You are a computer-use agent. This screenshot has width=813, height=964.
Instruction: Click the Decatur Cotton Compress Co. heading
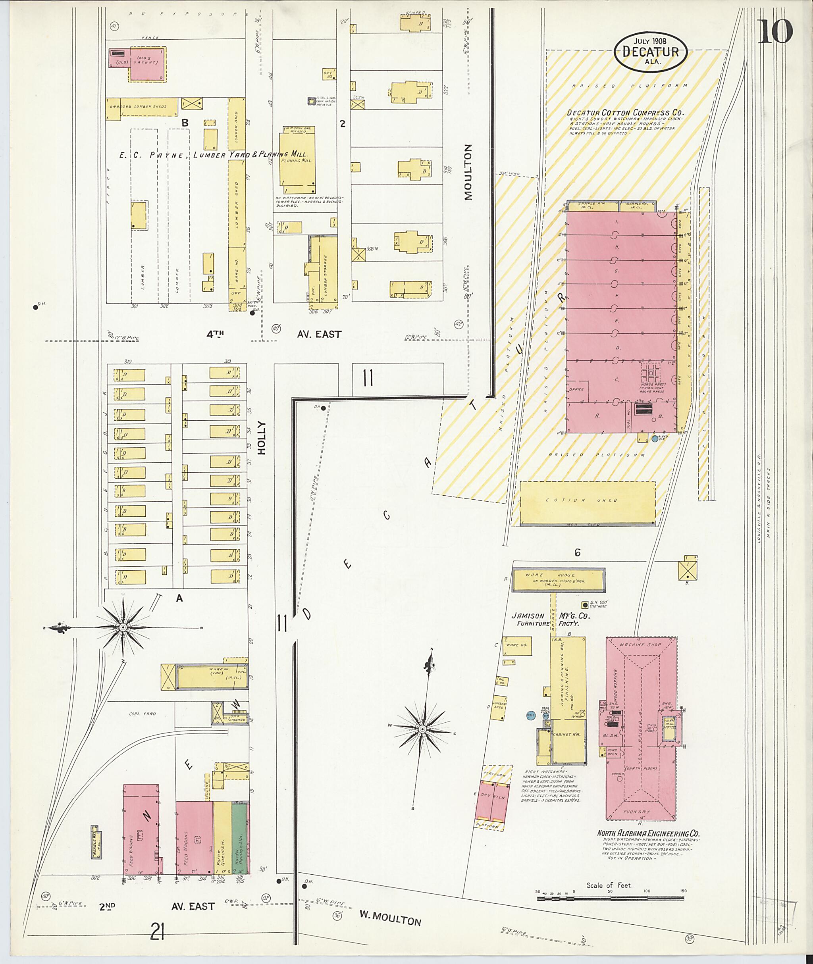click(625, 112)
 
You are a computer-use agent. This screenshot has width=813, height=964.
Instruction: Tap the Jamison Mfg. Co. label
click(551, 616)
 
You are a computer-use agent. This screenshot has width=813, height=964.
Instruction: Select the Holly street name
click(262, 438)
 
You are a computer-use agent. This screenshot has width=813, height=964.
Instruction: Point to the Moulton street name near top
click(468, 172)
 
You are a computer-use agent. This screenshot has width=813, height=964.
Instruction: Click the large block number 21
click(157, 933)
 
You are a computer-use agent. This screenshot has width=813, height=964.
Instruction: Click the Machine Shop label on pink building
click(640, 645)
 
